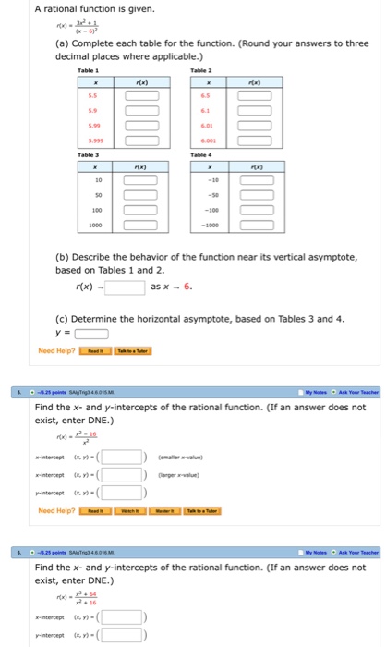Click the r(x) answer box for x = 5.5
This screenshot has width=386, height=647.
pyautogui.click(x=136, y=96)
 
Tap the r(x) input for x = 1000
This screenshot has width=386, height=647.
pyautogui.click(x=136, y=224)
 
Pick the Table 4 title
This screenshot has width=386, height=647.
pyautogui.click(x=199, y=156)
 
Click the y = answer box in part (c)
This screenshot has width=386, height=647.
pyautogui.click(x=91, y=335)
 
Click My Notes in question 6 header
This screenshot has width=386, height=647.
pyautogui.click(x=310, y=552)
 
